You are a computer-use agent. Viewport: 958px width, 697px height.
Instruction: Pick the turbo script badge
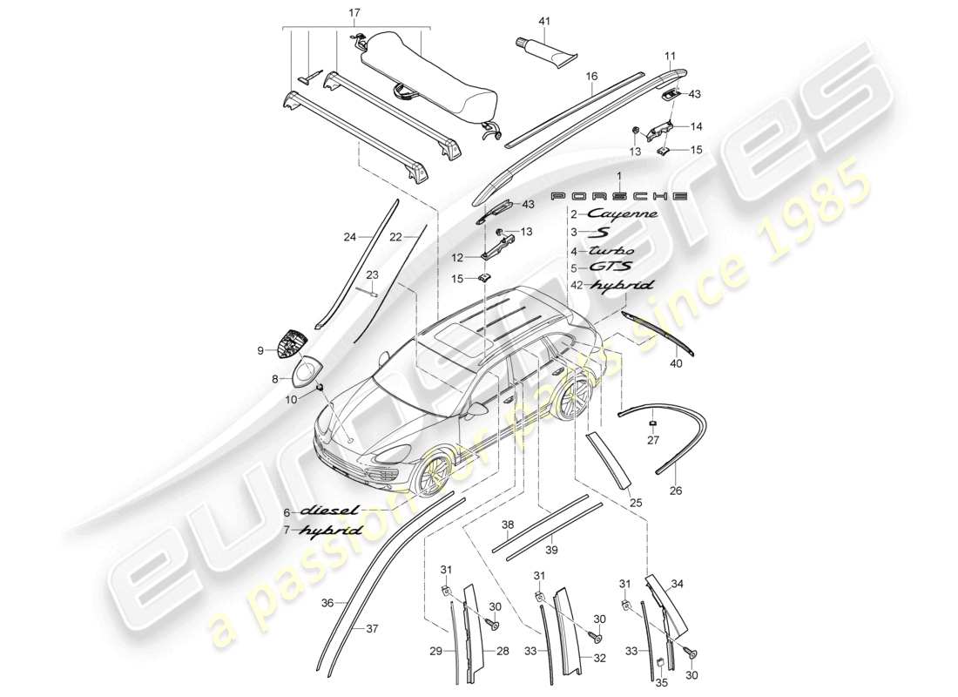(x=619, y=250)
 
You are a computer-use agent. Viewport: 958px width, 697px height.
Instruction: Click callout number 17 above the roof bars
(x=353, y=13)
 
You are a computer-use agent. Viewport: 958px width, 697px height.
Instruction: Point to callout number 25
(x=634, y=504)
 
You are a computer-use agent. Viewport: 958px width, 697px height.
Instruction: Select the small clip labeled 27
(x=652, y=423)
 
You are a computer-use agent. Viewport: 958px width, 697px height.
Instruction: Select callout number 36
(x=327, y=601)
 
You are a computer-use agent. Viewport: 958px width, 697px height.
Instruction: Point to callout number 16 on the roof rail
(x=591, y=76)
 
